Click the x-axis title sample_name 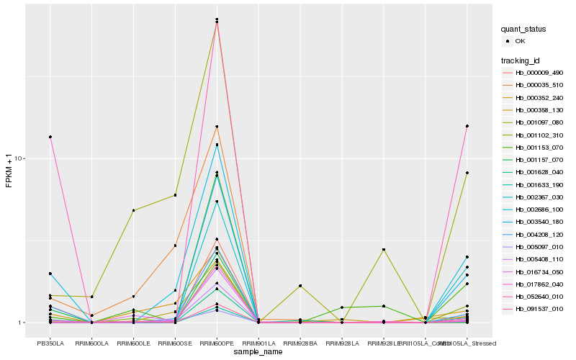tap(258, 351)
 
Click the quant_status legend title tap(523, 30)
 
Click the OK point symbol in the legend tap(508, 41)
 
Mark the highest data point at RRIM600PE tap(217, 19)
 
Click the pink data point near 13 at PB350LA tap(50, 137)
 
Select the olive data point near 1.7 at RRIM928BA tap(300, 286)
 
